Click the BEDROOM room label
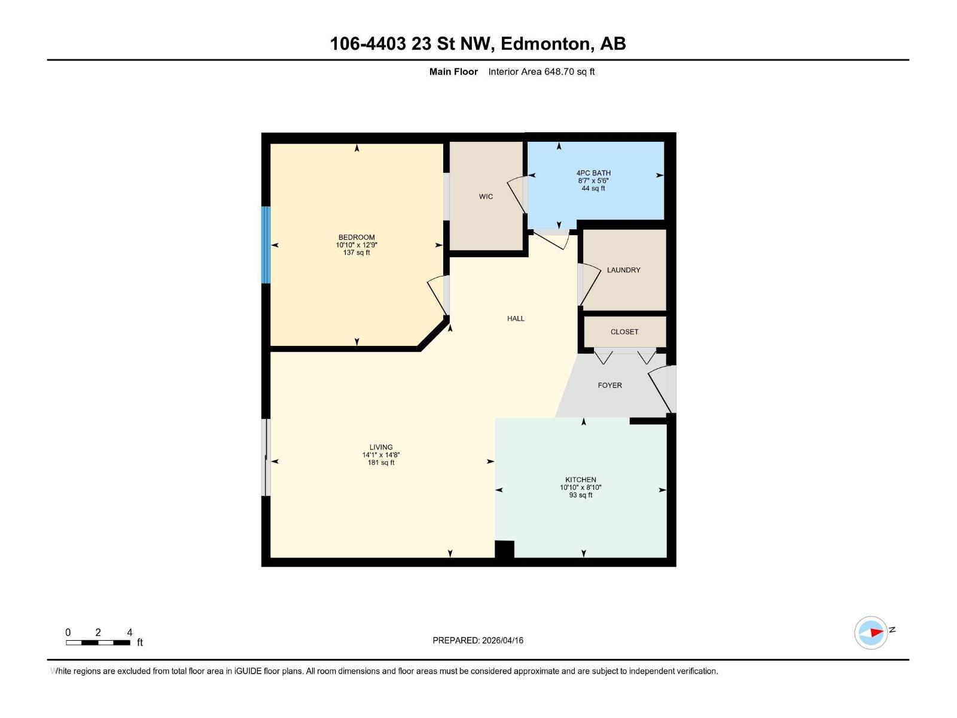tap(356, 238)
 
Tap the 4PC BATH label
tap(593, 173)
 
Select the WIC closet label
tap(486, 197)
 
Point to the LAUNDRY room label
tap(623, 270)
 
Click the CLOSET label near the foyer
tap(624, 331)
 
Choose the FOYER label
tap(609, 385)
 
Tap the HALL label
tap(516, 318)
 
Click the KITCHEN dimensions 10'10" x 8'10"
tap(580, 488)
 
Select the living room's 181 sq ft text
tap(381, 463)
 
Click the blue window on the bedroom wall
tap(266, 245)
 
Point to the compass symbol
tap(871, 632)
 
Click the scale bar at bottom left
tap(98, 643)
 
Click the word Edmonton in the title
tap(545, 44)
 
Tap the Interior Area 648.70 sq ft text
tap(541, 72)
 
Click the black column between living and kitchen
tap(504, 549)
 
